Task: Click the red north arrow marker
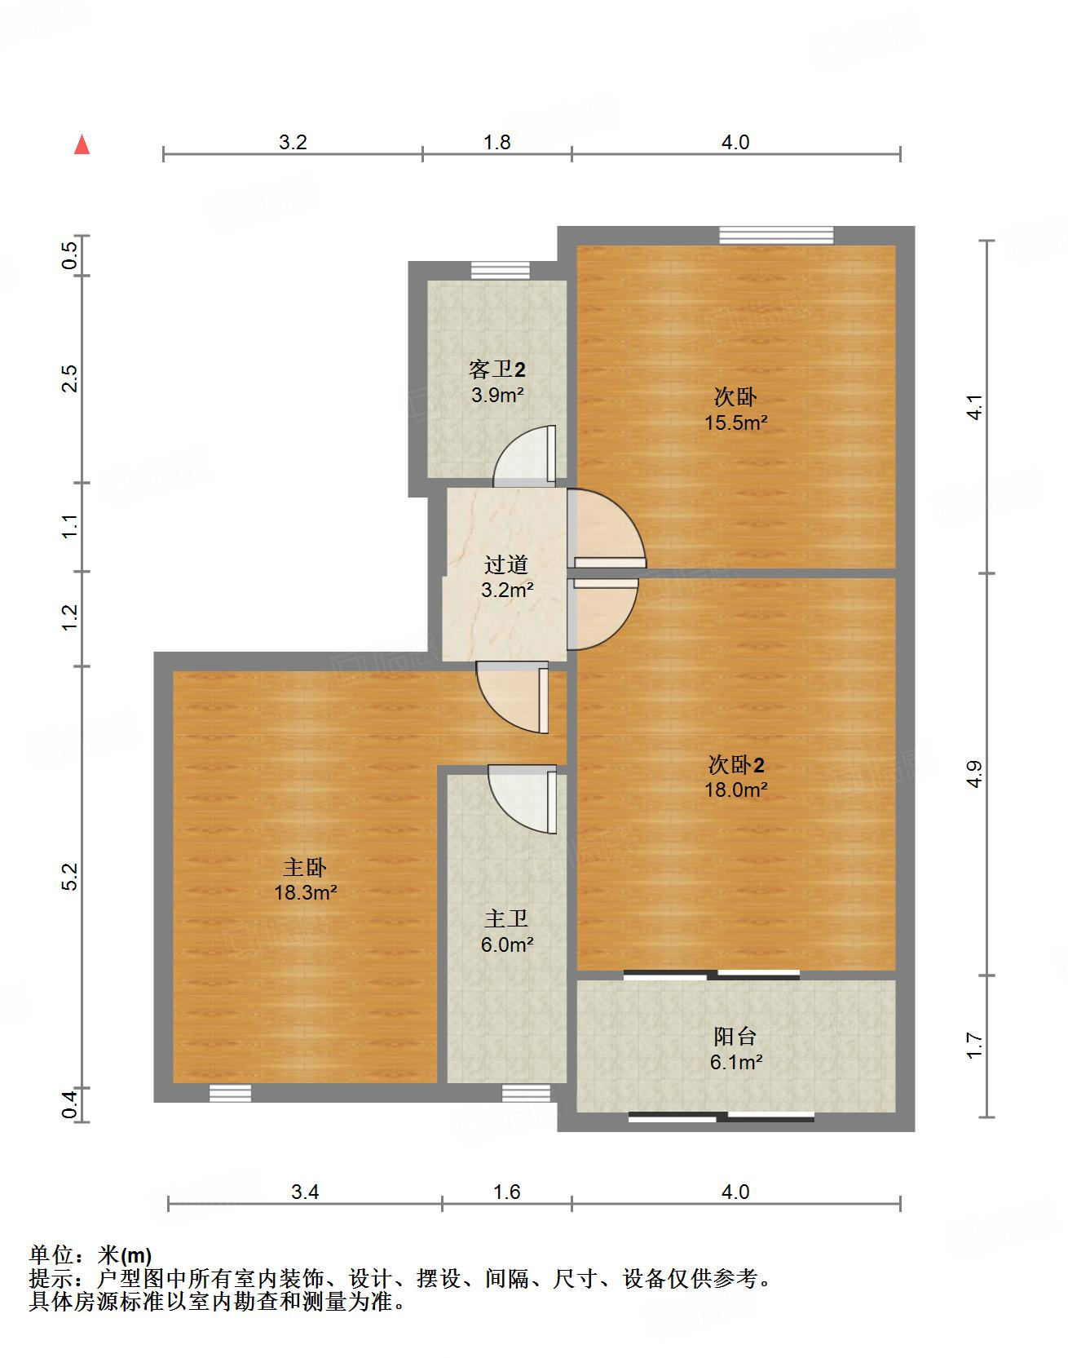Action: point(82,144)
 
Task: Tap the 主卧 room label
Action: point(305,866)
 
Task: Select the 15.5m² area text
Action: point(736,422)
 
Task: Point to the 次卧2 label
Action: point(736,765)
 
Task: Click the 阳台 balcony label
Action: point(735,1037)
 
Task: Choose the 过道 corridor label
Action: point(506,564)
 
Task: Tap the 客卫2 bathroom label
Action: point(497,369)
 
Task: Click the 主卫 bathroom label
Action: point(506,919)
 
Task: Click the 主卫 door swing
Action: point(523,798)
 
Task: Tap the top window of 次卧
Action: point(776,235)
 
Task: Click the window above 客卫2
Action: point(501,270)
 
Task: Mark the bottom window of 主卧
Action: point(230,1093)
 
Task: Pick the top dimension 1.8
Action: point(496,142)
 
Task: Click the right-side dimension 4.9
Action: point(973,774)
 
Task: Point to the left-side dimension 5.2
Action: point(70,877)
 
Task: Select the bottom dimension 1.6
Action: point(506,1192)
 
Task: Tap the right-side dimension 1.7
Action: point(973,1046)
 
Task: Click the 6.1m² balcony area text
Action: point(736,1062)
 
